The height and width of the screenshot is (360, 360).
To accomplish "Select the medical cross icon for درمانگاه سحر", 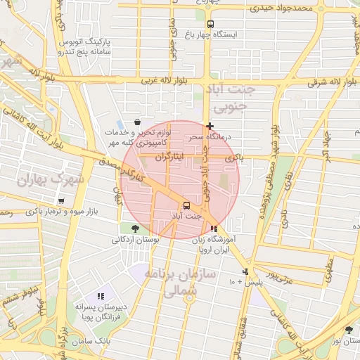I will (x=210, y=126).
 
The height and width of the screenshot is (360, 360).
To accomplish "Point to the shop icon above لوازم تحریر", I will (x=136, y=122).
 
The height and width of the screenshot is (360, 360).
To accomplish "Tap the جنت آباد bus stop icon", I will (x=186, y=205).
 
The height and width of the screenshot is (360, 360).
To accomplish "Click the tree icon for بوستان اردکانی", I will (x=134, y=228).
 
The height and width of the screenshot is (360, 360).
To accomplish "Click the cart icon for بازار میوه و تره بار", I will (x=63, y=201).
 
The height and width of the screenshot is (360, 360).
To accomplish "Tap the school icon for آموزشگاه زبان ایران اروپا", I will (x=214, y=229).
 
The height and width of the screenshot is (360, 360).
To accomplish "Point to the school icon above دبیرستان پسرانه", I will (x=101, y=297).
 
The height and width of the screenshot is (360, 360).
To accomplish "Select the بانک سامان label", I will (x=91, y=341).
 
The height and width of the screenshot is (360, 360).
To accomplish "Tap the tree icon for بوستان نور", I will (x=349, y=330).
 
